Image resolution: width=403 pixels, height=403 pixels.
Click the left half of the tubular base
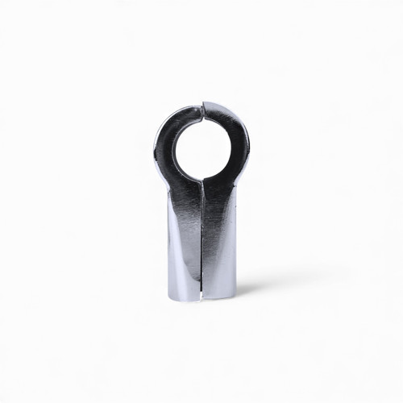184,250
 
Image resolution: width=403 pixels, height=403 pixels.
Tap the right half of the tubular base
220,250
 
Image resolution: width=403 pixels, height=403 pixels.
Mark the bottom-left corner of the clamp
170,296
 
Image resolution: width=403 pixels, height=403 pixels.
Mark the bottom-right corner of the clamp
235,296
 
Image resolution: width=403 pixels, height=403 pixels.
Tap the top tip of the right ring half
207,104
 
